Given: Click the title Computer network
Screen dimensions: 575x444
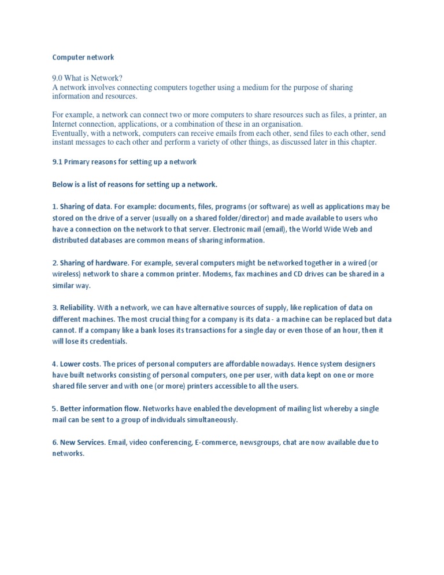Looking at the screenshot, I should click(x=83, y=57).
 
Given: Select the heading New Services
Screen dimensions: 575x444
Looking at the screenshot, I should click(x=83, y=443).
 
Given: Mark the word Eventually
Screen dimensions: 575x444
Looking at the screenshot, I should click(x=72, y=134).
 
